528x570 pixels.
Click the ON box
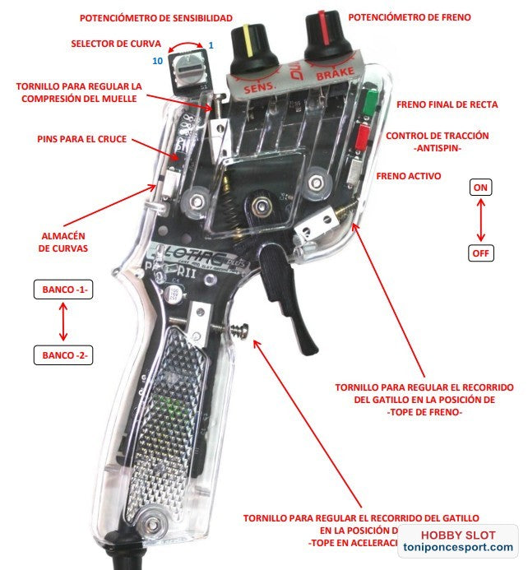480,188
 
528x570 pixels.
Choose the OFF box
480,253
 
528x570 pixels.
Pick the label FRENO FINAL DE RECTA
445,104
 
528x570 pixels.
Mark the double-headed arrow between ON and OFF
480,220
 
